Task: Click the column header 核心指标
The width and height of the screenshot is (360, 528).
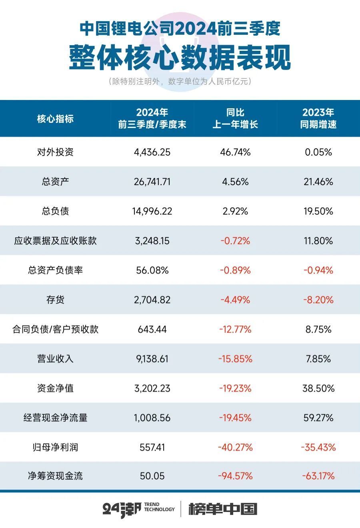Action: pyautogui.click(x=55, y=119)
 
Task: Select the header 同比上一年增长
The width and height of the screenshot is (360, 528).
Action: pyautogui.click(x=235, y=118)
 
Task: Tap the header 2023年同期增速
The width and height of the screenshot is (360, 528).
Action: pyautogui.click(x=318, y=118)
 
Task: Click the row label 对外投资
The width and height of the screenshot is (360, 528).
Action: pyautogui.click(x=55, y=152)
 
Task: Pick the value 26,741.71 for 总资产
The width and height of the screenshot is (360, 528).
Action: pyautogui.click(x=152, y=182)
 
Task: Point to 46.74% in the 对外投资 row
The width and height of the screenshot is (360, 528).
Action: pyautogui.click(x=235, y=152)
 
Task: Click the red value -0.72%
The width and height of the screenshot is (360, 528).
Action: pyautogui.click(x=235, y=241)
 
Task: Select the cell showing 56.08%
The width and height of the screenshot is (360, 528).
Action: pyautogui.click(x=152, y=270)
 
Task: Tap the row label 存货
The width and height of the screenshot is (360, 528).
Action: pyautogui.click(x=55, y=300)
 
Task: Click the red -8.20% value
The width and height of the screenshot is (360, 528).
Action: pyautogui.click(x=318, y=300)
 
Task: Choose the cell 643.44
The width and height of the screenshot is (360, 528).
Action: pyautogui.click(x=152, y=329)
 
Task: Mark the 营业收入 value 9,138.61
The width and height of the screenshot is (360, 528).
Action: pyautogui.click(x=152, y=359)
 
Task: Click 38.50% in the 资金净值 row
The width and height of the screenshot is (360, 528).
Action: pyautogui.click(x=318, y=388)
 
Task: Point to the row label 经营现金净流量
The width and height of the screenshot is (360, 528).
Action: pyautogui.click(x=55, y=418)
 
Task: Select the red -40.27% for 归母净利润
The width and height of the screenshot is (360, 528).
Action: pyautogui.click(x=235, y=447)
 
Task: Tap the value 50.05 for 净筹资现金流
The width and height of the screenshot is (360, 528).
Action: pyautogui.click(x=152, y=476)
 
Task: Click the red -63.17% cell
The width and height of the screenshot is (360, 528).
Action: pyautogui.click(x=318, y=476)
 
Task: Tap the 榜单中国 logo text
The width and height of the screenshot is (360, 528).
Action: pyautogui.click(x=222, y=509)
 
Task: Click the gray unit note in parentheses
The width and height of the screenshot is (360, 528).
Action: pyautogui.click(x=180, y=82)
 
